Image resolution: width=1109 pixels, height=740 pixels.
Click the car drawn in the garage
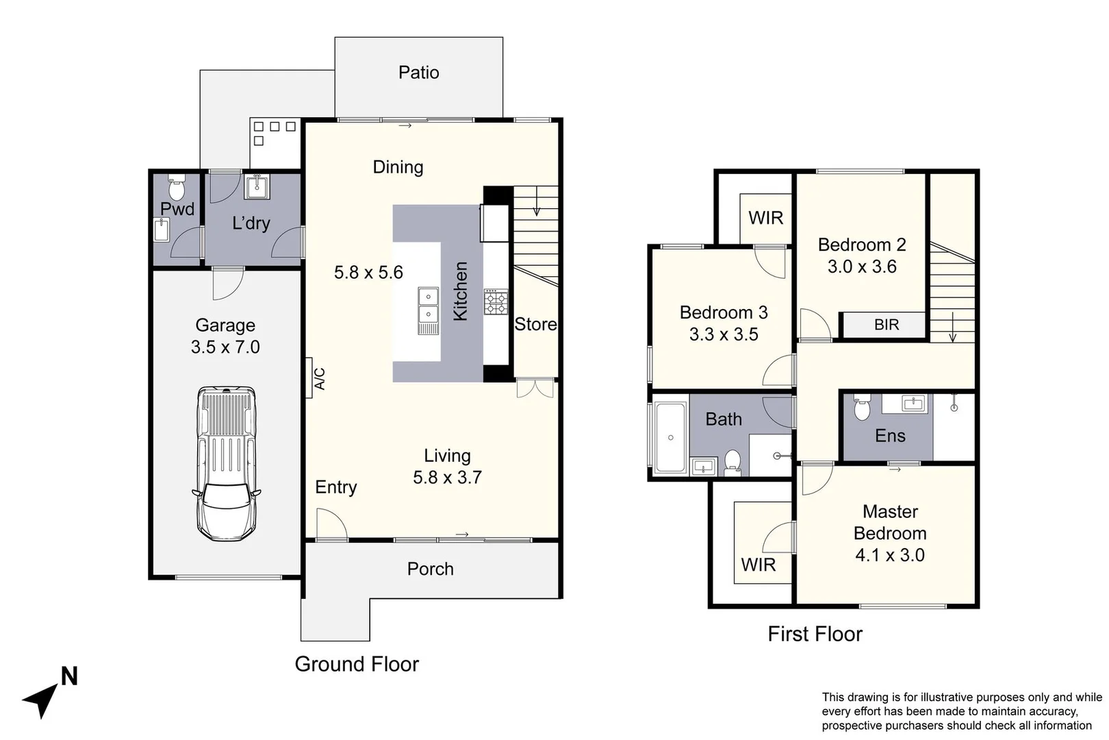[x=227, y=463]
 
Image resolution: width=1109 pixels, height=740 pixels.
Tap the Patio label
[x=418, y=73]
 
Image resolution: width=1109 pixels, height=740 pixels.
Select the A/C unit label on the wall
[x=319, y=378]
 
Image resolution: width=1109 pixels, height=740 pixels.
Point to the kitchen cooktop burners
[x=496, y=302]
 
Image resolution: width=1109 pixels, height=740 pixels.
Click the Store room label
[x=535, y=324]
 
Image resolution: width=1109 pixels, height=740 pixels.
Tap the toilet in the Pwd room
[x=177, y=187]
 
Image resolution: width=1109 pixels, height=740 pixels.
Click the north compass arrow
[x=42, y=698]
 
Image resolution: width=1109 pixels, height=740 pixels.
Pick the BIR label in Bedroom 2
[x=886, y=325]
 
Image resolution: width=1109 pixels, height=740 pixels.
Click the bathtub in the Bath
[x=670, y=438]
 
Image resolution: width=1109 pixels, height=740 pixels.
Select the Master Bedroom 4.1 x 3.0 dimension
[x=889, y=555]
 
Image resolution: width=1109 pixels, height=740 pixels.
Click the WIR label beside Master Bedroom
[x=758, y=565]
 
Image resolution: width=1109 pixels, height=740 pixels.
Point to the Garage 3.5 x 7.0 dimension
[x=225, y=347]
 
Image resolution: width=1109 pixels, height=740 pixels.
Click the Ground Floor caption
[x=357, y=663]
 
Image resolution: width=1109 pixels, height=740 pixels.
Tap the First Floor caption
[x=815, y=634]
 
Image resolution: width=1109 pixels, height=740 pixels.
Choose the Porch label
[x=430, y=569]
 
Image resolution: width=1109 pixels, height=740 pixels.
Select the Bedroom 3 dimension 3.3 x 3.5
[x=724, y=334]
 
